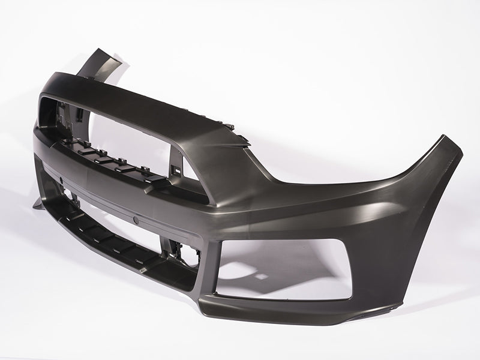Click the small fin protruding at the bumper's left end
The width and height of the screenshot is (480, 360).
pyautogui.click(x=37, y=204)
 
